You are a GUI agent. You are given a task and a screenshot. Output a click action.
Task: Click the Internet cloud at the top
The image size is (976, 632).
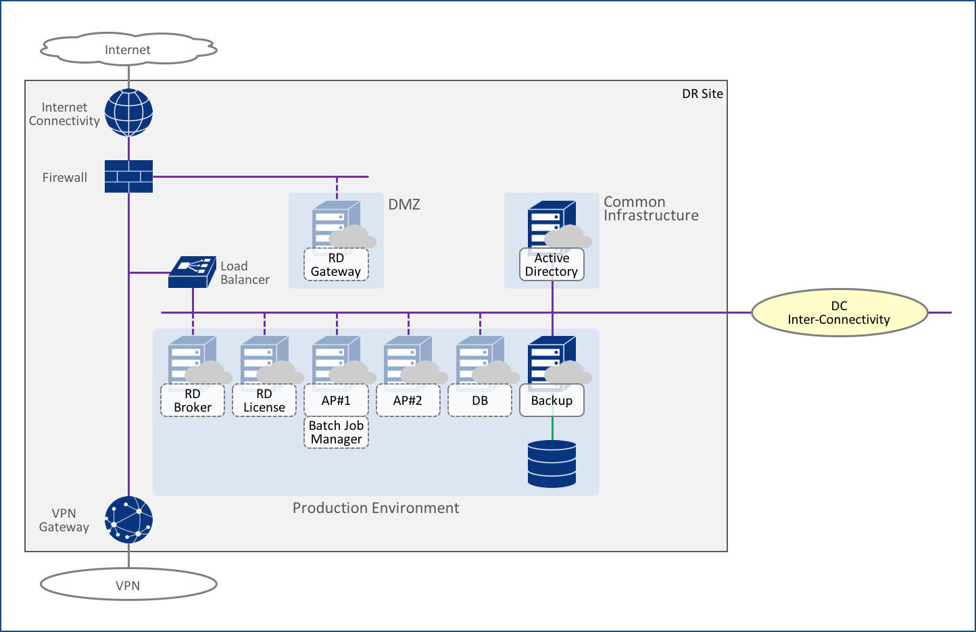pos(128,49)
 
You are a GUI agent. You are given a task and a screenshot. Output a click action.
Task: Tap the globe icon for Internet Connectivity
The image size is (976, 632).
pos(128,112)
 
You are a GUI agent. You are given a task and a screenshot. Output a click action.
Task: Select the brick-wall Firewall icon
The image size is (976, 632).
pos(128,176)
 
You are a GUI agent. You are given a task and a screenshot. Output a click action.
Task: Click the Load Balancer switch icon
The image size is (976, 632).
pos(192,272)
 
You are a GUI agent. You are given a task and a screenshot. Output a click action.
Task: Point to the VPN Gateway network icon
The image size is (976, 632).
pos(128,520)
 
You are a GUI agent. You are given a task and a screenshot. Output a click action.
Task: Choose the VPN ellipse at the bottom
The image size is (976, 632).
pos(128,585)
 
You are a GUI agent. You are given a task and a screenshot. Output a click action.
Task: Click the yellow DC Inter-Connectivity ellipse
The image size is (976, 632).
pos(839,313)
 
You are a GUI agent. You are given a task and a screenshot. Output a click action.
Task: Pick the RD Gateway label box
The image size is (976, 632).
pos(336,265)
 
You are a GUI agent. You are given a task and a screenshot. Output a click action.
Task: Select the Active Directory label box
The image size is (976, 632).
pos(552,265)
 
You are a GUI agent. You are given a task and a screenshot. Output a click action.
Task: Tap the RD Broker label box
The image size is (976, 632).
pos(193,401)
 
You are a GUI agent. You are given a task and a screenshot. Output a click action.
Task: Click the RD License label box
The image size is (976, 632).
pos(264,401)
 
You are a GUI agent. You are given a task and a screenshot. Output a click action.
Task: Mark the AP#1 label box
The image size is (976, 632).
pos(336,401)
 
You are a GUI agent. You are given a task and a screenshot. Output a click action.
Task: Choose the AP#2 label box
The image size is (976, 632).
pos(408,401)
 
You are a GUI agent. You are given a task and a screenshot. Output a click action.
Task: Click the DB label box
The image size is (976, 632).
pos(480,401)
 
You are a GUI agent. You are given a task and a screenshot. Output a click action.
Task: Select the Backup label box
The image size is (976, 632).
pos(552,401)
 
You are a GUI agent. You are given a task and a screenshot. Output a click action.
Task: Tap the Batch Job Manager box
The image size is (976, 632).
pos(336,433)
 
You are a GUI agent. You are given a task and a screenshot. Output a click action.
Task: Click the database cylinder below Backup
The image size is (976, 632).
pos(552,464)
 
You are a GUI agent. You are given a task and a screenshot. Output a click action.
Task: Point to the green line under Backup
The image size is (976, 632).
pos(552,428)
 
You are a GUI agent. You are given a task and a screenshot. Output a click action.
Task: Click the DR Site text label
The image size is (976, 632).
pos(702,94)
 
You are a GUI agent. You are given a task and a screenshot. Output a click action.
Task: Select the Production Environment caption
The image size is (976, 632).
pos(376,508)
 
